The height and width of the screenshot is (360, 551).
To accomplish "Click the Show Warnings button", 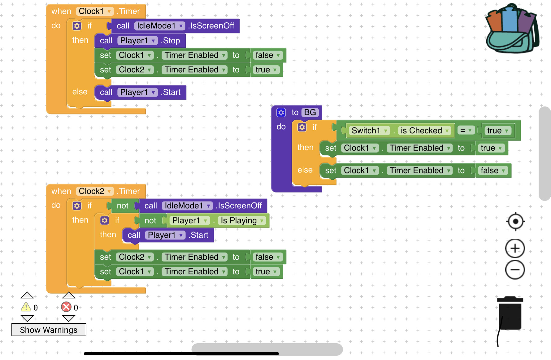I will [49, 330].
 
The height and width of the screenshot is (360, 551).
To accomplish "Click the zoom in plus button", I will [515, 248].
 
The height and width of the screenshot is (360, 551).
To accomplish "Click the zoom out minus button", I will [515, 270].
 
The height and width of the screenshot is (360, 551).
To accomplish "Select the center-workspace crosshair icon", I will [515, 222].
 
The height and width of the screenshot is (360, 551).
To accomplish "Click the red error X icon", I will [66, 307].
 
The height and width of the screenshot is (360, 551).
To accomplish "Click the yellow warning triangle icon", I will [26, 307].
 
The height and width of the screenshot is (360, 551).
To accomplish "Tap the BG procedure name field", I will [310, 112].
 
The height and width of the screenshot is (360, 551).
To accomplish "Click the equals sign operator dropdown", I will [465, 131].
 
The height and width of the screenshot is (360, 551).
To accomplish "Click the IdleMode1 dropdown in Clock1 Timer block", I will [160, 26].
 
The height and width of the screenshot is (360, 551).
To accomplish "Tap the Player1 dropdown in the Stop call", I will [137, 41].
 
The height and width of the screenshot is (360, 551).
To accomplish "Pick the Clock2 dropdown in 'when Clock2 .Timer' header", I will [95, 191].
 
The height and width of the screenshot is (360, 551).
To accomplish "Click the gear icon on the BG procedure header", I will [281, 112].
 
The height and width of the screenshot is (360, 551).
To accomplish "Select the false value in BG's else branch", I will [492, 171].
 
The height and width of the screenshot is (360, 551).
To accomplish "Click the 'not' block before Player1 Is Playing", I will [150, 221].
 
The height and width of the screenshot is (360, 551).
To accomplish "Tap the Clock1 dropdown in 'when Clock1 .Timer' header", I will [95, 11].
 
